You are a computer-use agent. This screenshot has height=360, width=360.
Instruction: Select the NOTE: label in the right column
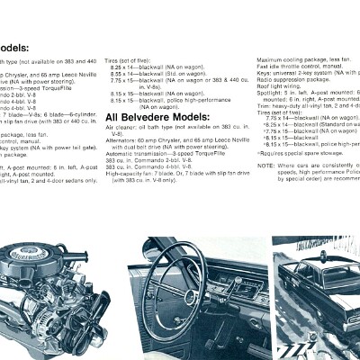coord(265,166)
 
